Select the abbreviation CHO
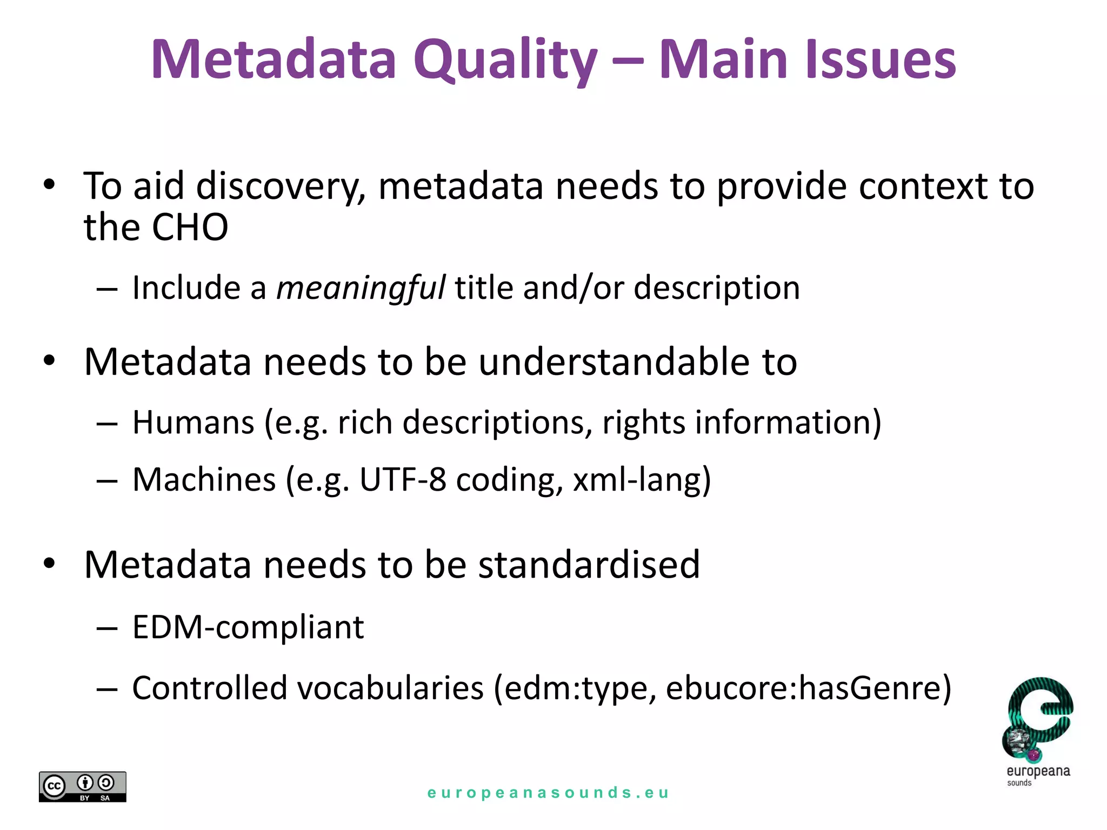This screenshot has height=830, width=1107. [190, 227]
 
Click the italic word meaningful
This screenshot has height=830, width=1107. [361, 287]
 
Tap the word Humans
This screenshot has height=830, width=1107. [193, 422]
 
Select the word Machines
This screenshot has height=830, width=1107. [204, 479]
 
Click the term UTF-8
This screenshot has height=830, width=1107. [402, 479]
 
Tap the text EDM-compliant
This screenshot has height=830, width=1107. [248, 627]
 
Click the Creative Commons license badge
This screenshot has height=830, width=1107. [82, 786]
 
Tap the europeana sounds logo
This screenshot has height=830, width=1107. [1038, 729]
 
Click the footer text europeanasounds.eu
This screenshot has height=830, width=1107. [548, 793]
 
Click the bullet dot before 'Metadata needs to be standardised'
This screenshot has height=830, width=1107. [50, 564]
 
